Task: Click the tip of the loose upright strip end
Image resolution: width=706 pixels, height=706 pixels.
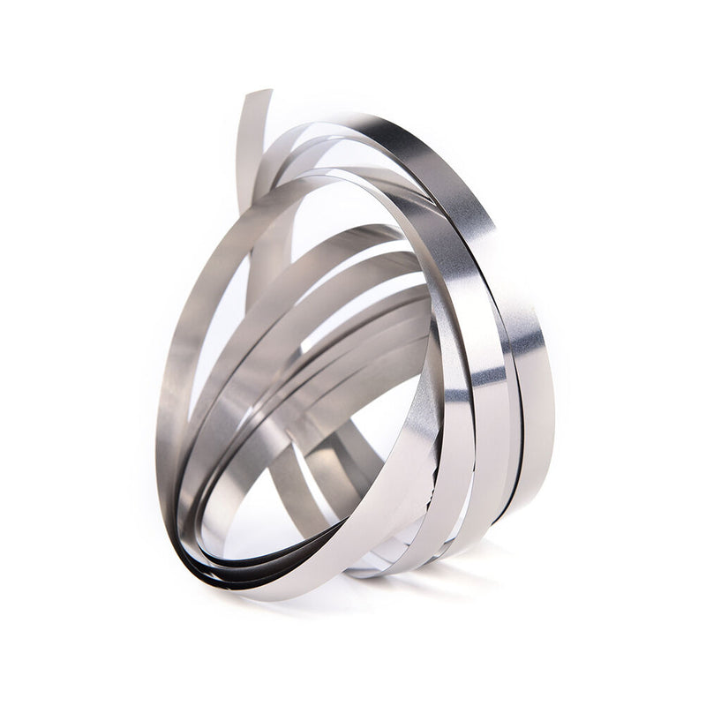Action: tap(256, 94)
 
